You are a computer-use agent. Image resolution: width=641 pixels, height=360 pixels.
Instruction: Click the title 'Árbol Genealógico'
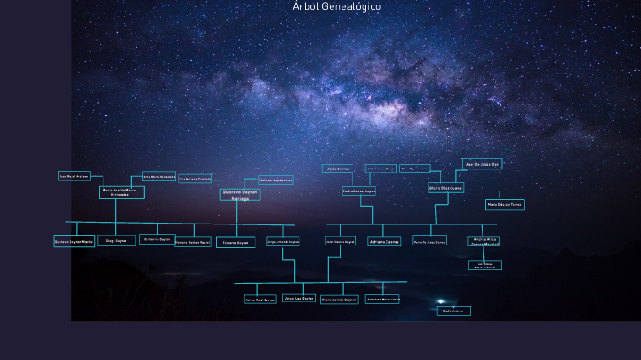(337, 6)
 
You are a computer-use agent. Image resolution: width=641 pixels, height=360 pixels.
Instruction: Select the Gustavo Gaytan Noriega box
(240, 194)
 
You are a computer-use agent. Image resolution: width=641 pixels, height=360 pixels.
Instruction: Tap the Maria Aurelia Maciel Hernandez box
(121, 192)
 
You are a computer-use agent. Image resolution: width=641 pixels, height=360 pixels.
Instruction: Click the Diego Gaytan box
(115, 241)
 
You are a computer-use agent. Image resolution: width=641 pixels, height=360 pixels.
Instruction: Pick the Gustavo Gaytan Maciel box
(74, 242)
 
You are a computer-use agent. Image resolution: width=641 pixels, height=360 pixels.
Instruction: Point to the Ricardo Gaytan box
(235, 243)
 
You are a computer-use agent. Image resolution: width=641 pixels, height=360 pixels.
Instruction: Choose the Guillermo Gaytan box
(157, 239)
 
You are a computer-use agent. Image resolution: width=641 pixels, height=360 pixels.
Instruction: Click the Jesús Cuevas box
(337, 169)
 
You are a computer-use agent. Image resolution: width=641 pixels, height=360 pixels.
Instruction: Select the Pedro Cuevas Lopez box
(359, 191)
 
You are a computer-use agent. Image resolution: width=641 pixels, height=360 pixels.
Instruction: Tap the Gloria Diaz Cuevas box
(446, 188)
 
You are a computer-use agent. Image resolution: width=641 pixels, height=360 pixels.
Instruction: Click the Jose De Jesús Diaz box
(482, 164)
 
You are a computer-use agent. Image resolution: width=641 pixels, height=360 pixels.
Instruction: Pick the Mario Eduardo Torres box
(505, 204)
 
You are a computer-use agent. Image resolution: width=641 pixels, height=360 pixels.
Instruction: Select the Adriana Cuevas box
(384, 242)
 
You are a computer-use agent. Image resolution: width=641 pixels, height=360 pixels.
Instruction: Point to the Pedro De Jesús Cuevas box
(429, 242)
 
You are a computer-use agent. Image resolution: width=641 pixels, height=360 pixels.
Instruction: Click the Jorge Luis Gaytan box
(299, 298)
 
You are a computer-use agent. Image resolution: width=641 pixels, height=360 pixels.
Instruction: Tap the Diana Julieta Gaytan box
(339, 299)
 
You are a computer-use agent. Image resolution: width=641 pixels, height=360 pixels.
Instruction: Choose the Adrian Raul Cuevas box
(260, 299)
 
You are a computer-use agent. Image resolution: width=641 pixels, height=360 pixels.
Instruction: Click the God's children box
(453, 311)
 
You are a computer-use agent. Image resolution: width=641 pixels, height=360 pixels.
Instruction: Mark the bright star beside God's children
(440, 301)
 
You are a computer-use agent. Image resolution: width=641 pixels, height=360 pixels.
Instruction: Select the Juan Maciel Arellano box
(74, 176)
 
